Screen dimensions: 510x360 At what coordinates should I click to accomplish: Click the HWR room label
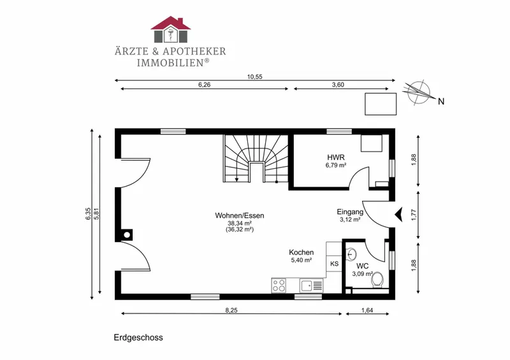[336, 158]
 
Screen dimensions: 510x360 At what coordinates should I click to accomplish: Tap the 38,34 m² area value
[240, 223]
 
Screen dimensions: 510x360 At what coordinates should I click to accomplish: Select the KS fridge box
[334, 264]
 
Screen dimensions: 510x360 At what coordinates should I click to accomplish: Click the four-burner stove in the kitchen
[279, 286]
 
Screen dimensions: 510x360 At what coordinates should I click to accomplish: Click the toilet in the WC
[377, 280]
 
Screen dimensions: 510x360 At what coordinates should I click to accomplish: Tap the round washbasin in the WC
[352, 254]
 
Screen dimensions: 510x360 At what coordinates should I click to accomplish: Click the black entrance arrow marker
[399, 215]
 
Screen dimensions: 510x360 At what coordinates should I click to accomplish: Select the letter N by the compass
[441, 101]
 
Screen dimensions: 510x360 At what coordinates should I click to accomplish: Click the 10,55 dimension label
[254, 76]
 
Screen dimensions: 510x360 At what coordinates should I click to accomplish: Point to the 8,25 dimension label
[231, 310]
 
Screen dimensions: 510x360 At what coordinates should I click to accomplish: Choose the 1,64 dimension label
[367, 310]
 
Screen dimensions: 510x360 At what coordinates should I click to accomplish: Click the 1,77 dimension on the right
[414, 215]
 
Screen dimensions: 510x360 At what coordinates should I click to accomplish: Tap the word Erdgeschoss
[138, 338]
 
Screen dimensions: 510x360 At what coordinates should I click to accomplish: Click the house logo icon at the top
[170, 29]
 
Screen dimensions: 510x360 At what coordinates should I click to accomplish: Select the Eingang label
[350, 212]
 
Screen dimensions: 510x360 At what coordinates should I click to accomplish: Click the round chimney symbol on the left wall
[127, 235]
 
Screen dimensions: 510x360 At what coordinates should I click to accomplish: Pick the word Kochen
[301, 252]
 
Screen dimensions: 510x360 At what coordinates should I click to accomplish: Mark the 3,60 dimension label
[338, 85]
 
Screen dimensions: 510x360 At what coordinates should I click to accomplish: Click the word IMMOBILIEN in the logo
[170, 63]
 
